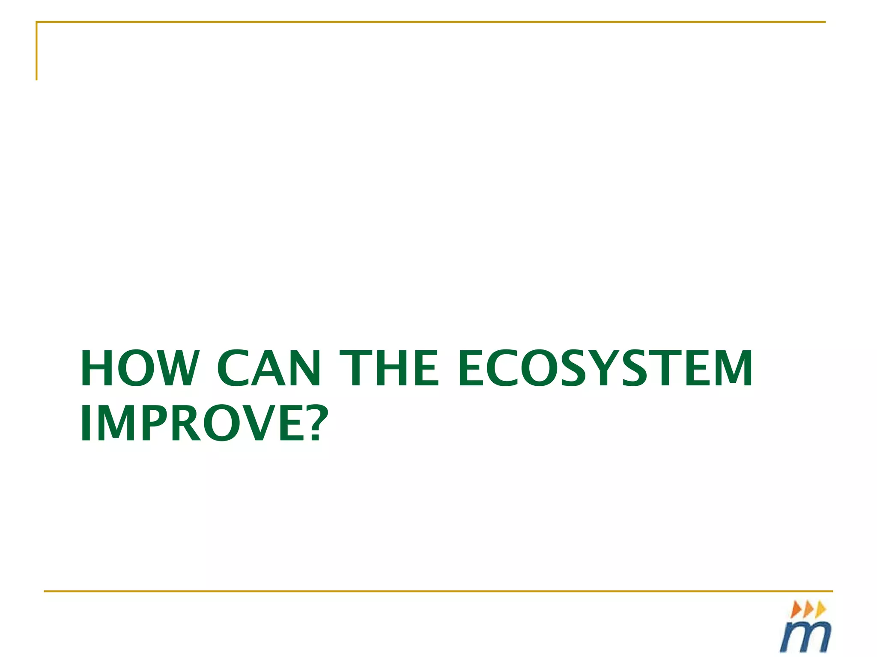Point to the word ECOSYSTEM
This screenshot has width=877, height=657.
click(605, 368)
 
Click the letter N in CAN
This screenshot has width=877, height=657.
click(305, 368)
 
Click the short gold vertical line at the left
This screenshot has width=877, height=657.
click(37, 51)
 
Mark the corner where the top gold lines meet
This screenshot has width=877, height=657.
click(37, 22)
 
